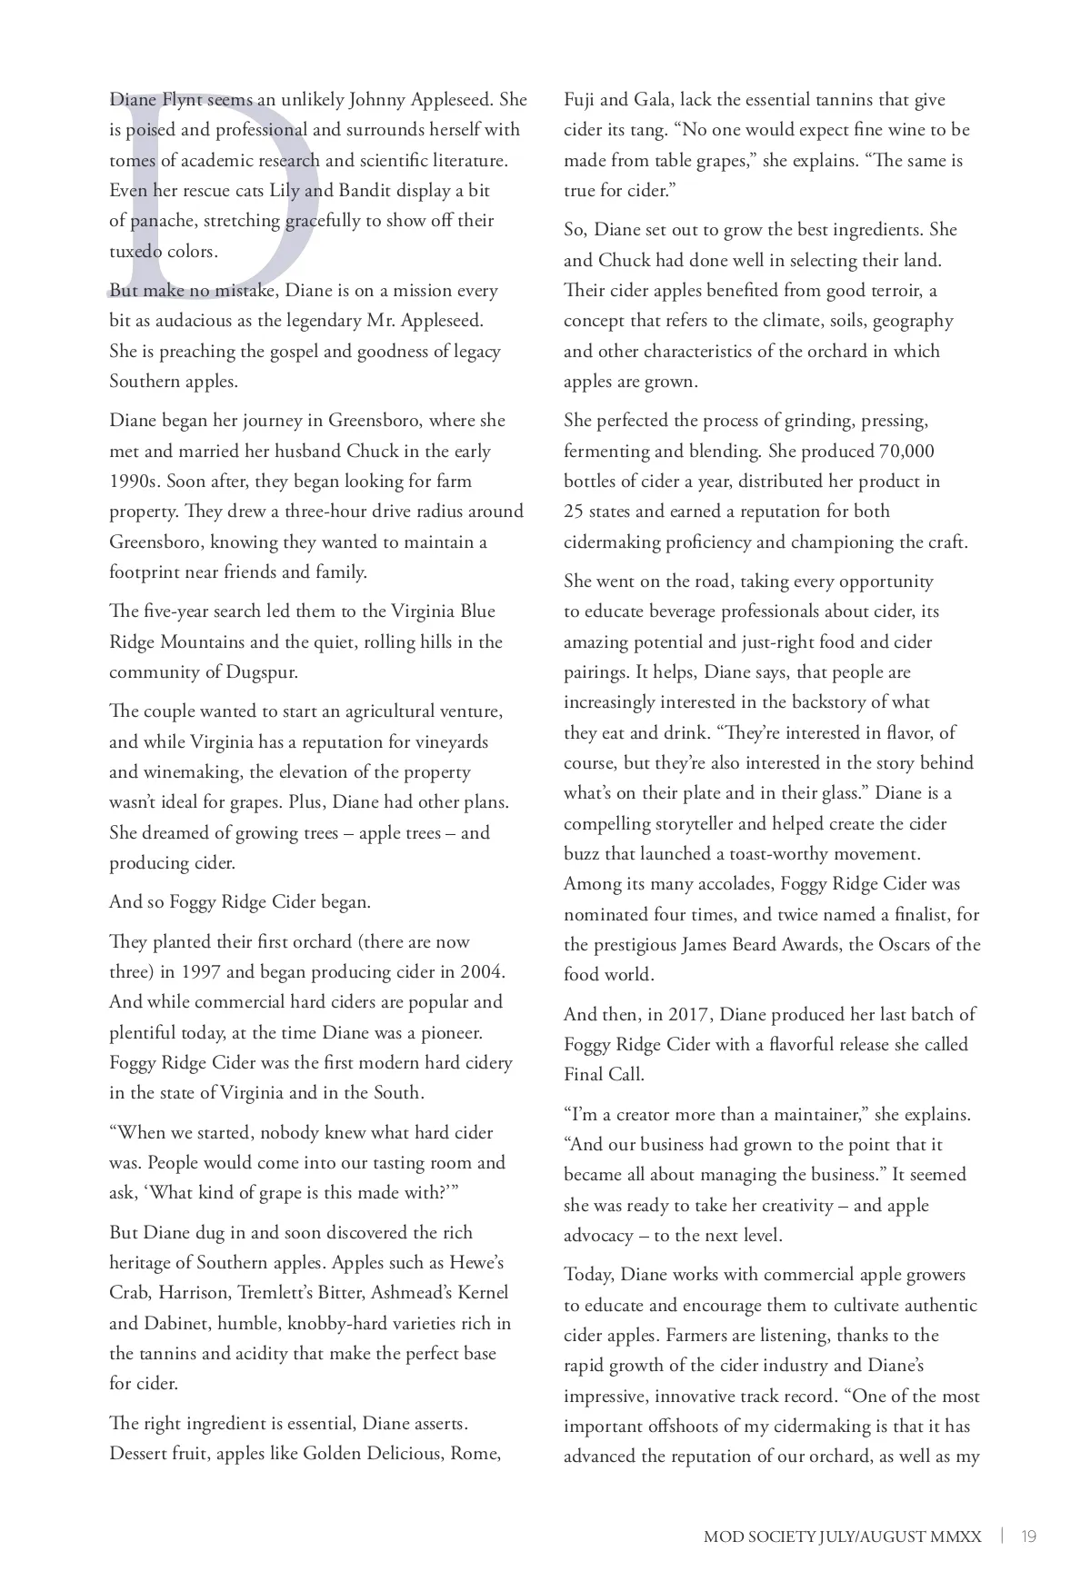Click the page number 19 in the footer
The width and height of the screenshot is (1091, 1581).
click(x=1028, y=1536)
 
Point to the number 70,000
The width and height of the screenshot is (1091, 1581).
click(x=906, y=452)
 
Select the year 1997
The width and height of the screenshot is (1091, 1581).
click(x=201, y=972)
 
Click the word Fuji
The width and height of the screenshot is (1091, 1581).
click(x=579, y=100)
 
